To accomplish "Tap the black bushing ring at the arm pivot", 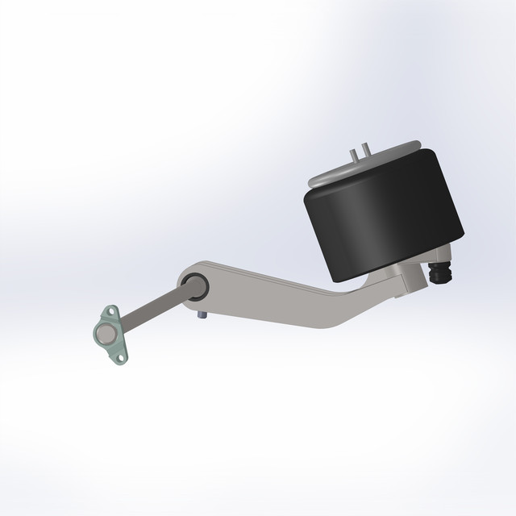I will click(194, 284).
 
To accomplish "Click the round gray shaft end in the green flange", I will click(106, 333).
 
